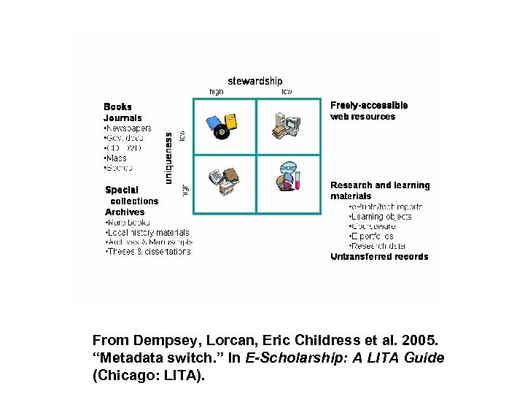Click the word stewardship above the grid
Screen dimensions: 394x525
tap(254, 81)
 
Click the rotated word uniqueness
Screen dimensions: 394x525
tap(169, 157)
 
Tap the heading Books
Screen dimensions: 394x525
tap(118, 107)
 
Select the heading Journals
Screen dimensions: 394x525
tap(122, 117)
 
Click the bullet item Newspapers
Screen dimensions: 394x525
tap(128, 128)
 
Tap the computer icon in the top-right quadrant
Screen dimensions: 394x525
tap(283, 124)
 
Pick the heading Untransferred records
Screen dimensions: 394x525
tap(379, 257)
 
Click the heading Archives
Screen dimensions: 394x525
tap(125, 212)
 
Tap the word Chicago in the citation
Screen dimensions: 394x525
tap(125, 376)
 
